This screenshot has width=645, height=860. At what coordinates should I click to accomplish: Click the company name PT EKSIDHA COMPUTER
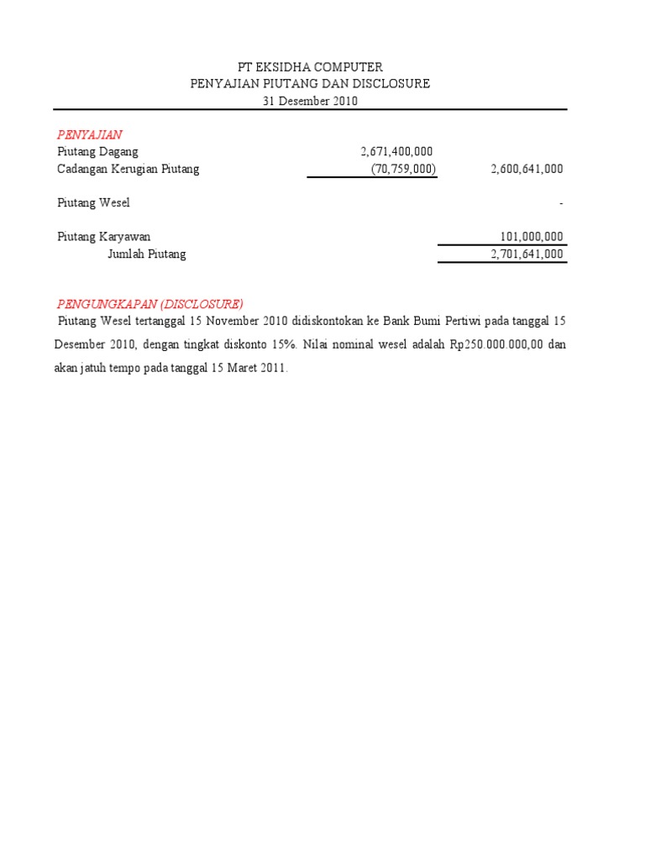coord(311,66)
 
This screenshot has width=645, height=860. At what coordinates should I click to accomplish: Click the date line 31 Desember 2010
coord(311,101)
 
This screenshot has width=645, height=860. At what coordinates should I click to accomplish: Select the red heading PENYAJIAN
coord(90,134)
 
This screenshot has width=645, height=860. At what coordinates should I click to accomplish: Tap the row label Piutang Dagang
coord(97,151)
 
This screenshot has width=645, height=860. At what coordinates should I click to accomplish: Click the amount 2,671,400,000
coord(396,151)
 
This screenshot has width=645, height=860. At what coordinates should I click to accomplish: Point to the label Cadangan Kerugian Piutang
coord(128,169)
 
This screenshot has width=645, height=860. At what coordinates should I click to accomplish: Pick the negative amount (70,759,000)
coord(403,169)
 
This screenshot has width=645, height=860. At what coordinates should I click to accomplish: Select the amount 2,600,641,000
coord(527,169)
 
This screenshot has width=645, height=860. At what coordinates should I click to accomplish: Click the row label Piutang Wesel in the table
coord(93,202)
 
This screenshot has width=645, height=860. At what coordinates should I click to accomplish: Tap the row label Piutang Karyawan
coord(103,237)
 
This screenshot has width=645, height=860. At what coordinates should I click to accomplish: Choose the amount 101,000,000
coord(532,237)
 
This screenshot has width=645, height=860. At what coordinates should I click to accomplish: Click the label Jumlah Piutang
coord(147,254)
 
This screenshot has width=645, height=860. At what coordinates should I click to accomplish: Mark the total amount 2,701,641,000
coord(527,254)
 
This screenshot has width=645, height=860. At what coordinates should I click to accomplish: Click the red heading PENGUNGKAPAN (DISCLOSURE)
coord(149,303)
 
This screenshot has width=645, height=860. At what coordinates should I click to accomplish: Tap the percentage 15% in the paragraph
coord(286,344)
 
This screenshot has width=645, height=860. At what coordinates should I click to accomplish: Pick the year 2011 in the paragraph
coord(274,368)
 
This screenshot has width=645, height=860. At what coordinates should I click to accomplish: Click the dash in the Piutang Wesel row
coord(560,203)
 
